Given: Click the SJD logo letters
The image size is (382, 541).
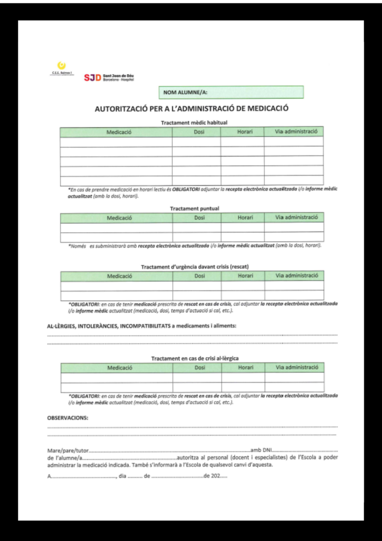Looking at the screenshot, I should (92, 78).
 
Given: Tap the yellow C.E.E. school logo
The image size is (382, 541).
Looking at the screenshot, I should (61, 66).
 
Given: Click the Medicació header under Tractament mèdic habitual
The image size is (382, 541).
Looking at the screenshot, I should (119, 132).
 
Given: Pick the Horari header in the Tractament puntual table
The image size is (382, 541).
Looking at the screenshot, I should (245, 218).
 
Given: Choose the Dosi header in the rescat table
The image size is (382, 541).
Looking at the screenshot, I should (199, 276).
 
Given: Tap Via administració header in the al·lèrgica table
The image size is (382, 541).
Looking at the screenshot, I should (297, 367).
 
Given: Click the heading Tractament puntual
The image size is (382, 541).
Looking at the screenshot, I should (194, 209).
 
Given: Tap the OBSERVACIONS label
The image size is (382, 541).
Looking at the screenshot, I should (68, 417).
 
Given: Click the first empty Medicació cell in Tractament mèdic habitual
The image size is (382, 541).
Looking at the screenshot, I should (116, 142).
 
